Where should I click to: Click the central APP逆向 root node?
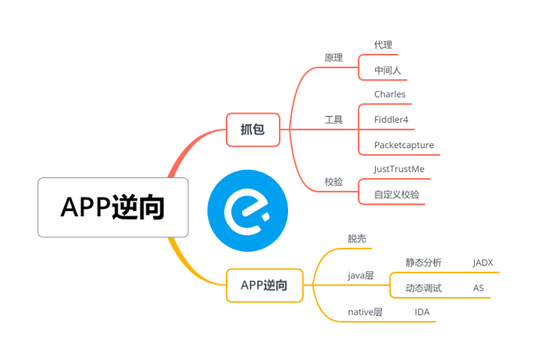113,207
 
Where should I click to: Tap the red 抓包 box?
253,130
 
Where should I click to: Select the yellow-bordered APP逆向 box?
264,285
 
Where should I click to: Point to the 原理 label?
333,58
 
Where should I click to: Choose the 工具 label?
333,120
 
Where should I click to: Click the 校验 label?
333,182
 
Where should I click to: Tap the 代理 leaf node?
383,45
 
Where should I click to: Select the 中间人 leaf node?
387,71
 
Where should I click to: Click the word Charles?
389,94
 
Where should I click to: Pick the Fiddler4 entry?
391,120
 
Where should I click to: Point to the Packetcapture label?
403,145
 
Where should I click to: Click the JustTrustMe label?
398,169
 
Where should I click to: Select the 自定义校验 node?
396,194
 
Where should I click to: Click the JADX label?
482,263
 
